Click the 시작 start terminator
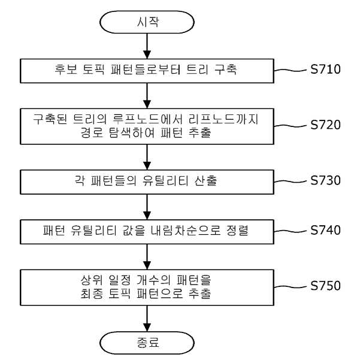(x=147, y=22)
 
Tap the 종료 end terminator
(x=147, y=343)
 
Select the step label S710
(x=325, y=69)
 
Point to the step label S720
(x=325, y=125)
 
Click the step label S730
(x=325, y=180)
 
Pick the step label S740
(x=325, y=230)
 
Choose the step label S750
(x=325, y=286)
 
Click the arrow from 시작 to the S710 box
(x=147, y=46)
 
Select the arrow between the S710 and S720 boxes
(x=147, y=96)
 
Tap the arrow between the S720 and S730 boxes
(x=147, y=157)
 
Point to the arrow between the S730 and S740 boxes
(x=147, y=207)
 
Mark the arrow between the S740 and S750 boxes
(x=147, y=257)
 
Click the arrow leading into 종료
(x=147, y=318)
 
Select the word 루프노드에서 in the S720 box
(x=147, y=119)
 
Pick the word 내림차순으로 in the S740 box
(x=186, y=231)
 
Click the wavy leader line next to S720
(x=291, y=126)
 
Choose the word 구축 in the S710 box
(x=225, y=69)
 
